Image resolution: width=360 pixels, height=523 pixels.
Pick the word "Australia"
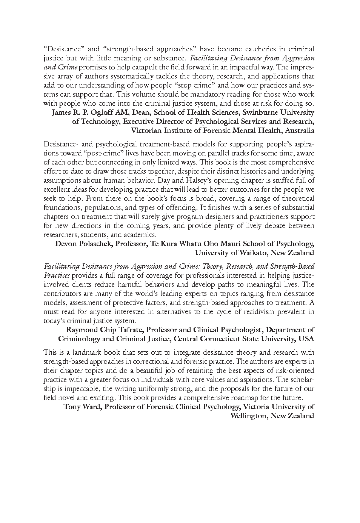point(298,131)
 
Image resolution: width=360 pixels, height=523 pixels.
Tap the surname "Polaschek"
point(93,244)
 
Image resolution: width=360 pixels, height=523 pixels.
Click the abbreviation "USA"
point(306,339)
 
